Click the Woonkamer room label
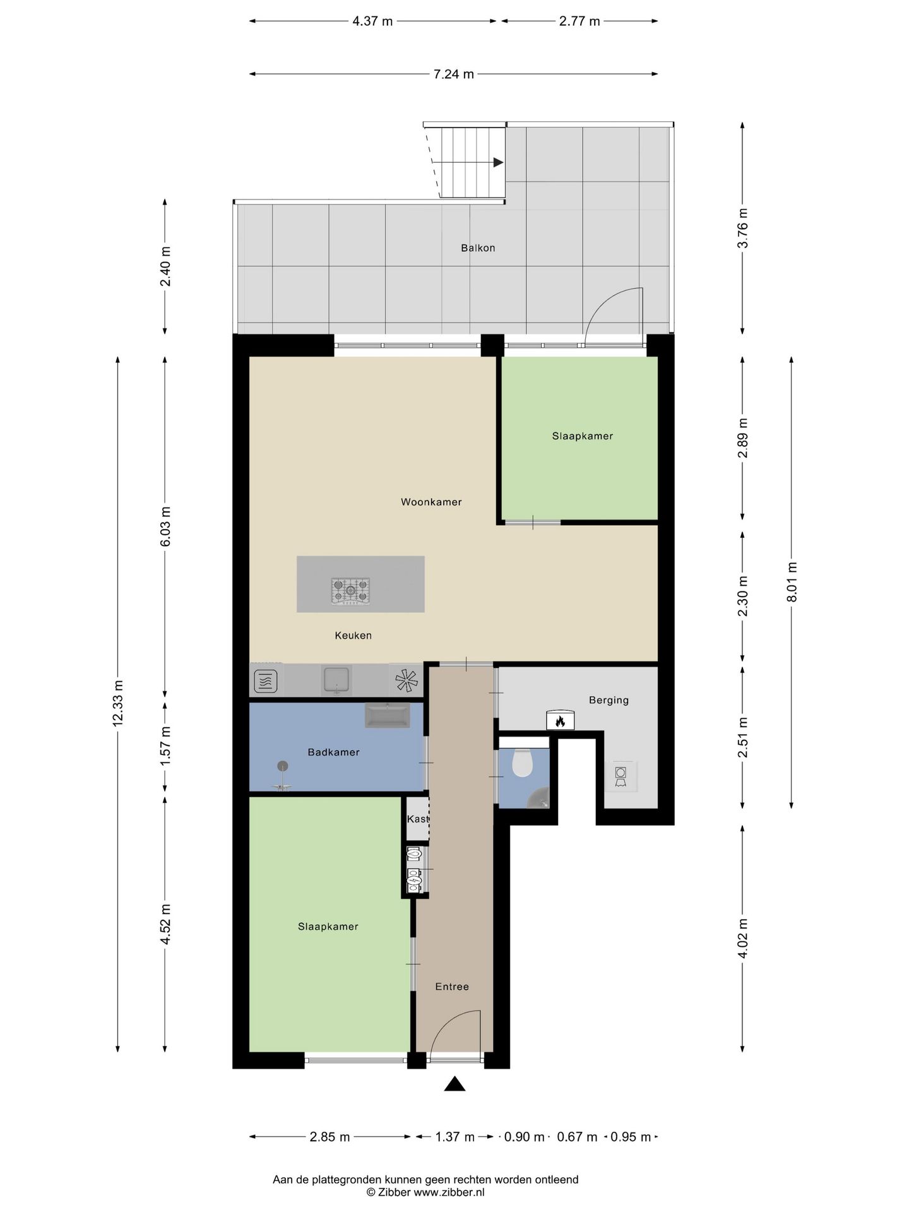tap(431, 502)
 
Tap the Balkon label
tap(478, 248)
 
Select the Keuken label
tap(353, 636)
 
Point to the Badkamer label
tap(333, 752)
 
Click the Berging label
tap(609, 700)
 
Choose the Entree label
tap(452, 987)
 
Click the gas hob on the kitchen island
tap(351, 591)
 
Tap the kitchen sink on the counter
tap(336, 680)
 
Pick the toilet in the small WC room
tap(522, 763)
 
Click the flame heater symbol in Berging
tap(560, 720)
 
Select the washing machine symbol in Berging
tap(621, 776)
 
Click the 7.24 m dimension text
tap(453, 74)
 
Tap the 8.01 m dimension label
tap(792, 582)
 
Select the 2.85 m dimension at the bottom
tap(330, 1138)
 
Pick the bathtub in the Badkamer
tap(387, 716)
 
